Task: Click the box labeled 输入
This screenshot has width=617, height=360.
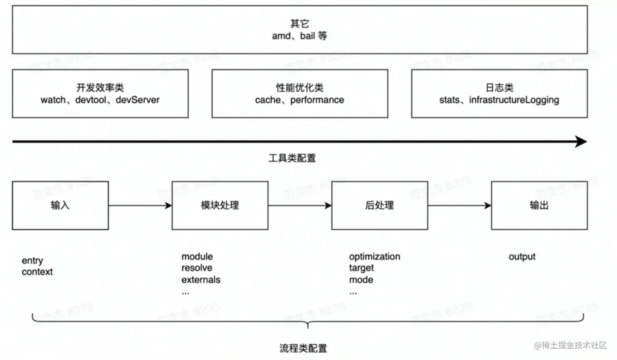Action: point(60,205)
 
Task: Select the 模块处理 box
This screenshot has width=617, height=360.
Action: point(220,205)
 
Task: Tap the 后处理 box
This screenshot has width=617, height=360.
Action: point(379,205)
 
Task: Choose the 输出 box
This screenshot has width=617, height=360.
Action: point(539,205)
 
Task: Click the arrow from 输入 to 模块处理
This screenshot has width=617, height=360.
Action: point(140,206)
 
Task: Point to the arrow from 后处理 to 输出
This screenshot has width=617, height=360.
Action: point(460,206)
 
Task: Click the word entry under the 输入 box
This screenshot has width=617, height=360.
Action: point(32,261)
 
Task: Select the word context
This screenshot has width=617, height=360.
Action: point(37,272)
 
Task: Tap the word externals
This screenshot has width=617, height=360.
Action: point(201,280)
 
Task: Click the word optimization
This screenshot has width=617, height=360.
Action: point(374,256)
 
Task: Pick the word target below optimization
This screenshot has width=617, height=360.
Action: point(361,268)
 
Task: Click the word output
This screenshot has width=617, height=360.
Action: point(522,256)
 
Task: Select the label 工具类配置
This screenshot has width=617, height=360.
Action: point(292,158)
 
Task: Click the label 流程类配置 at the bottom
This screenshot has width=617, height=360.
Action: point(303,348)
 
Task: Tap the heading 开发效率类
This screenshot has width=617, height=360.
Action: point(100,88)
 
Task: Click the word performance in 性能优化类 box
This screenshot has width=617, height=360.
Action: point(317,100)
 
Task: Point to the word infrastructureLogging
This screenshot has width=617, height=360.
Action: point(514,100)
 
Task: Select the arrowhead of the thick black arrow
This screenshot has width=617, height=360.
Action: point(581,142)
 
